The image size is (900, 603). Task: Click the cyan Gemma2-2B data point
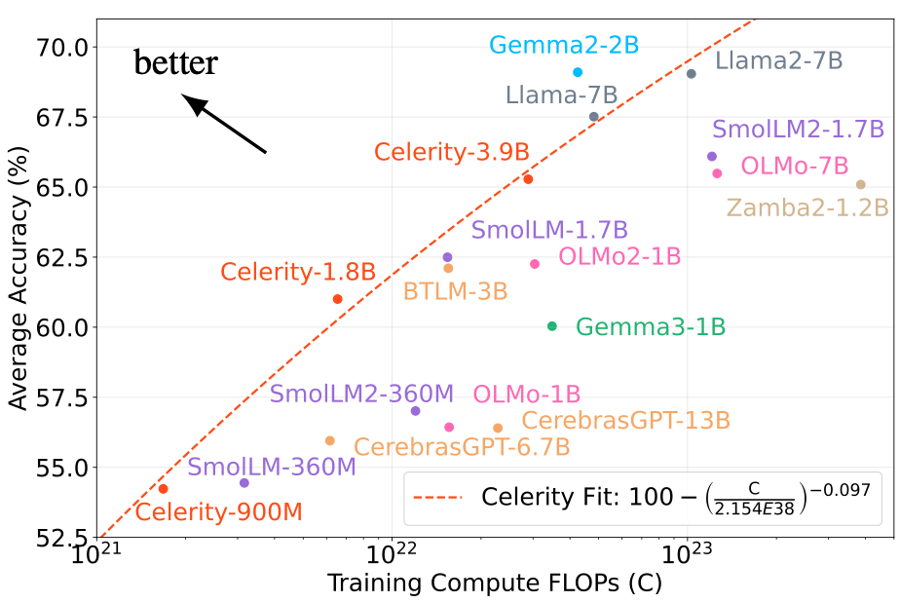coord(578,72)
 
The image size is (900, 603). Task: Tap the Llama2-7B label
coord(778,61)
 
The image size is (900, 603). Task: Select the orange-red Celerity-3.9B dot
coord(528,179)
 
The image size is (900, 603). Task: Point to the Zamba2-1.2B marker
coord(860,185)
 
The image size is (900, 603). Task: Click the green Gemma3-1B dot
coord(552,326)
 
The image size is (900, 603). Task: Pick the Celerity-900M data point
coord(164,489)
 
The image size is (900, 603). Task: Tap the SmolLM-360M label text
coord(272,467)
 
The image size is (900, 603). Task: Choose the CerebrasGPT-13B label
coord(625,421)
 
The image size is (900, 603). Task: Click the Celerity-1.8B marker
coord(338,299)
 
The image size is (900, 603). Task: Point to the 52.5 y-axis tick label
coord(63,537)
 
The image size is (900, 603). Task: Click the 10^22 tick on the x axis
coord(393,559)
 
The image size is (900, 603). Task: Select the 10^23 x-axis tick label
coord(688,559)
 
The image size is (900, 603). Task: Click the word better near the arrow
coord(176,64)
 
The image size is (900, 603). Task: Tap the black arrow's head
coord(191,100)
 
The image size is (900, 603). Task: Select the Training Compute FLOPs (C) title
coord(494,584)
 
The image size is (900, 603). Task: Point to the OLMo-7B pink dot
coord(717,173)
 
